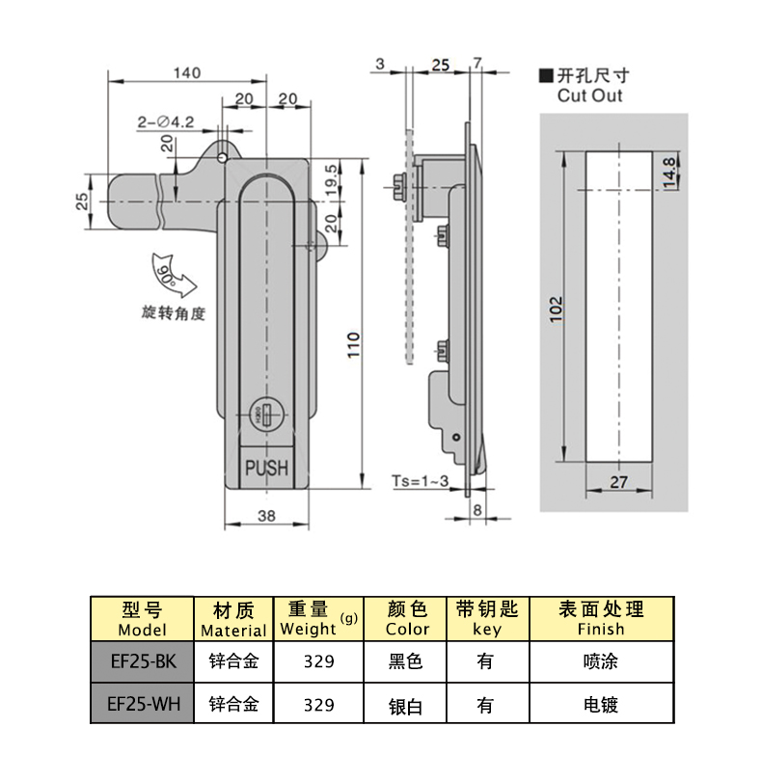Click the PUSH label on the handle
click(267, 468)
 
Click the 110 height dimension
click(353, 344)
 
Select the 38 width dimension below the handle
click(267, 516)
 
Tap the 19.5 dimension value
click(331, 178)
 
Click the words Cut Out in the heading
click(589, 95)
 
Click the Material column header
click(232, 619)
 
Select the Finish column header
click(601, 619)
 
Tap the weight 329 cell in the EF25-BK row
click(318, 662)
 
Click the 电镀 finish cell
click(601, 704)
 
